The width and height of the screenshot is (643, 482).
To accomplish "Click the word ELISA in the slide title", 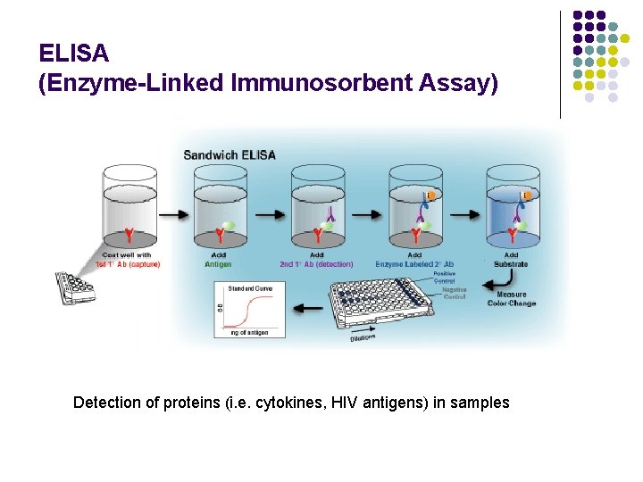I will pyautogui.click(x=74, y=54).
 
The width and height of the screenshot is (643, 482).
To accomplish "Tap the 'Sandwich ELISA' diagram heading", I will pyautogui.click(x=230, y=154).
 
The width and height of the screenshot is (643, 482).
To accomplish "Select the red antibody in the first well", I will pyautogui.click(x=129, y=235).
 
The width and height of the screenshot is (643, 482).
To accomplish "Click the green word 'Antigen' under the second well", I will pyautogui.click(x=218, y=264).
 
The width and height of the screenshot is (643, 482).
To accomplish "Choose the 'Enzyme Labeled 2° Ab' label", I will pyautogui.click(x=414, y=264).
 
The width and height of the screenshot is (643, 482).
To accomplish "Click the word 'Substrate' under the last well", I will pyautogui.click(x=511, y=264).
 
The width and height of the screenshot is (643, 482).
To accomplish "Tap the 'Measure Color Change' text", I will pyautogui.click(x=512, y=299).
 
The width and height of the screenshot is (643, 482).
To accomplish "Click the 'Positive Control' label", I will pyautogui.click(x=444, y=277).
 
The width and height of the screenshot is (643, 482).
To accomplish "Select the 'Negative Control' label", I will pyautogui.click(x=454, y=294).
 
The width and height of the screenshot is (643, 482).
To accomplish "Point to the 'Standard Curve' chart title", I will pyautogui.click(x=249, y=289).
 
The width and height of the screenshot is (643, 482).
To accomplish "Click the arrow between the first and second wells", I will pyautogui.click(x=175, y=215).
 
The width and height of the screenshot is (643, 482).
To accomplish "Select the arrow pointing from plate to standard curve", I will pyautogui.click(x=307, y=309).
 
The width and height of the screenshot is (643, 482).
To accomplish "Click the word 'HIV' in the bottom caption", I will pyautogui.click(x=344, y=403).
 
